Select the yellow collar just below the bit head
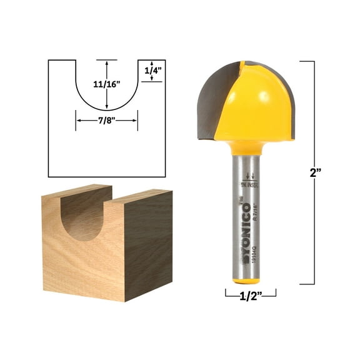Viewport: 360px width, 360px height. pyautogui.click(x=249, y=147)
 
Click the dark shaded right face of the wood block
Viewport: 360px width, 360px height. pyautogui.click(x=148, y=244)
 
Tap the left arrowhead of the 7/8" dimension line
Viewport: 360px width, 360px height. pyautogui.click(x=78, y=121)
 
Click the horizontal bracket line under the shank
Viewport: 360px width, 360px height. pyautogui.click(x=250, y=293)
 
